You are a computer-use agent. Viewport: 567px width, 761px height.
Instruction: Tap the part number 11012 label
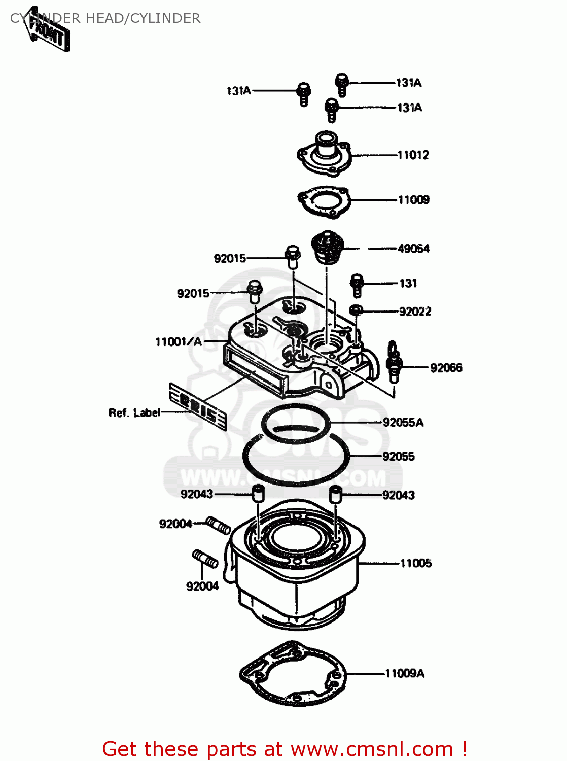[413, 155]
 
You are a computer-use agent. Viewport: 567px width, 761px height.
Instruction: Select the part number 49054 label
[413, 249]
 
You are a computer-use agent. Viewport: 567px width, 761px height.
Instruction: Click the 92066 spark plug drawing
[394, 363]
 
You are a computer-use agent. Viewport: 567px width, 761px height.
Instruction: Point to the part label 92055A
[403, 423]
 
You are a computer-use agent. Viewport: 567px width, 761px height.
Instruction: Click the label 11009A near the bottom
[405, 674]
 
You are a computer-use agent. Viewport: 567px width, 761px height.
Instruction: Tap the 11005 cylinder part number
[416, 563]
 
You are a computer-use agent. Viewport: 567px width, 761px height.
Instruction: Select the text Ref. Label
[134, 413]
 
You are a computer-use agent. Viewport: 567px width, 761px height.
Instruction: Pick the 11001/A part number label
[179, 342]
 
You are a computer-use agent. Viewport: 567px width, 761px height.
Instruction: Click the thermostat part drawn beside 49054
[327, 248]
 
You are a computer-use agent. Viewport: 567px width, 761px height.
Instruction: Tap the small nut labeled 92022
[357, 309]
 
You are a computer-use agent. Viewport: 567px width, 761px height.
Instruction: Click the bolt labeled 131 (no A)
[357, 285]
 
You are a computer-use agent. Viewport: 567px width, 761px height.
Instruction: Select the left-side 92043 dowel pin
[258, 493]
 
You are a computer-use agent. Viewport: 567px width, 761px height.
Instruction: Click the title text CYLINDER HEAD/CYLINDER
[105, 18]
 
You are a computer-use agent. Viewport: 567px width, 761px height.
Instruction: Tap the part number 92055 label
[399, 457]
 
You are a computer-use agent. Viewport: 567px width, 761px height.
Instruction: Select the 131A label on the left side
[239, 91]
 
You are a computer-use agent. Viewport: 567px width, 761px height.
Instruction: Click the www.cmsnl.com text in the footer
[372, 749]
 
